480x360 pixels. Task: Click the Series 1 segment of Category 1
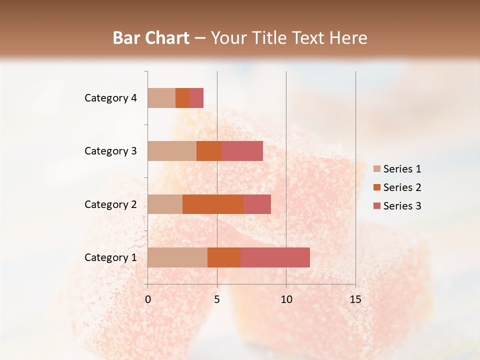(x=177, y=257)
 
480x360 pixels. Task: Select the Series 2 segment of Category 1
(x=224, y=257)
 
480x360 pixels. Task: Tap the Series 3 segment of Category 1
(x=275, y=257)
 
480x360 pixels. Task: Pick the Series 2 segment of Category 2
(x=213, y=204)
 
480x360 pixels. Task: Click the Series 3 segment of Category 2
(x=257, y=204)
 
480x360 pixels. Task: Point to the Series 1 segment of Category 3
(x=172, y=151)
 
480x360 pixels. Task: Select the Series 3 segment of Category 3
(x=242, y=151)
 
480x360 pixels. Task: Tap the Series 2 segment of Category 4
(x=182, y=98)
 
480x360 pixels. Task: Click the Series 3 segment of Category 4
(x=196, y=98)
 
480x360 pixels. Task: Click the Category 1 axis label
(x=110, y=257)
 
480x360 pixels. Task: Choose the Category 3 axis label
(x=110, y=151)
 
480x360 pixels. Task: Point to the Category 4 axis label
(x=110, y=98)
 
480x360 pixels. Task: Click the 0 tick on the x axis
(x=148, y=299)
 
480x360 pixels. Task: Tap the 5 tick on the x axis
(x=217, y=299)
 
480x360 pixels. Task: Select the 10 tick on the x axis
(x=286, y=299)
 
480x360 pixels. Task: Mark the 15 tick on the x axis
(x=355, y=299)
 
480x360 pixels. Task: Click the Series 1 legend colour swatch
(x=376, y=169)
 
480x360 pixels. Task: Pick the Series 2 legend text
(x=402, y=187)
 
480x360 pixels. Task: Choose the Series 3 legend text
(x=402, y=206)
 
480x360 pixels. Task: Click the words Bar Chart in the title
(x=150, y=38)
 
